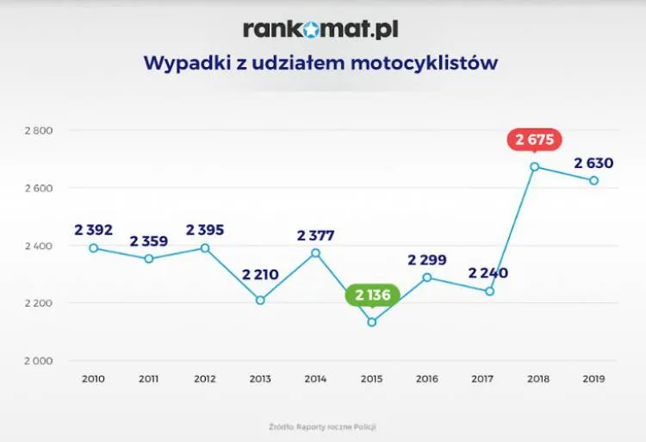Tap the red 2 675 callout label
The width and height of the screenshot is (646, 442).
tap(534, 140)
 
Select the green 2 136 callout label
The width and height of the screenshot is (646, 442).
tap(372, 296)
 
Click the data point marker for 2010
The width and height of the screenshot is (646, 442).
tap(94, 248)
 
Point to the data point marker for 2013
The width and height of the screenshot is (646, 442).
tap(260, 301)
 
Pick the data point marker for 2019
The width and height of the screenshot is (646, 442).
tap(593, 181)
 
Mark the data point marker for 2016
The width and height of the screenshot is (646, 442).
tap(427, 277)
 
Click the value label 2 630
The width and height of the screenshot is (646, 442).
tap(593, 163)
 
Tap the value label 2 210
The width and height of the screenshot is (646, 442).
tap(260, 276)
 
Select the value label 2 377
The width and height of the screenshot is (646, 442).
tap(316, 235)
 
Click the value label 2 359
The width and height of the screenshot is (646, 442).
tap(149, 241)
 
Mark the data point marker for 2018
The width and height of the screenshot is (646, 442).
tap(535, 167)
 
